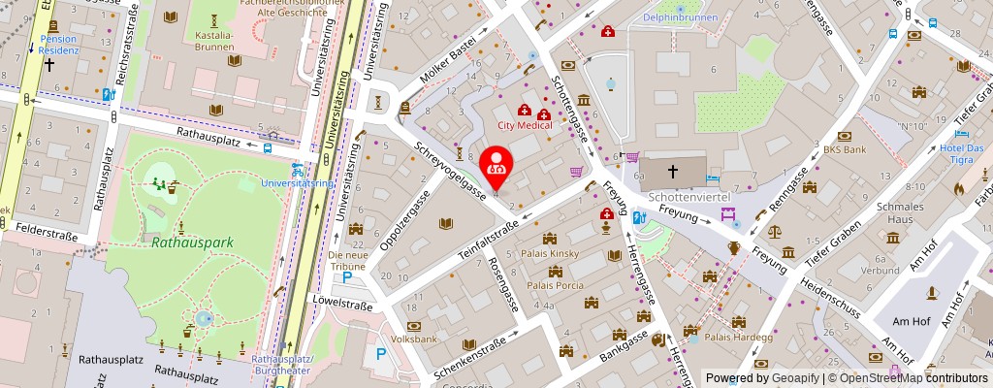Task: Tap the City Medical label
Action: [x=525, y=125]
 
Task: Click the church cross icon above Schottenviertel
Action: [x=673, y=173]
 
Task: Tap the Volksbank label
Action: [x=414, y=339]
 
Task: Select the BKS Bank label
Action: [x=844, y=150]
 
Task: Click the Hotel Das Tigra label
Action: [x=961, y=154]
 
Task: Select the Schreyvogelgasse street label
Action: [x=450, y=171]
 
